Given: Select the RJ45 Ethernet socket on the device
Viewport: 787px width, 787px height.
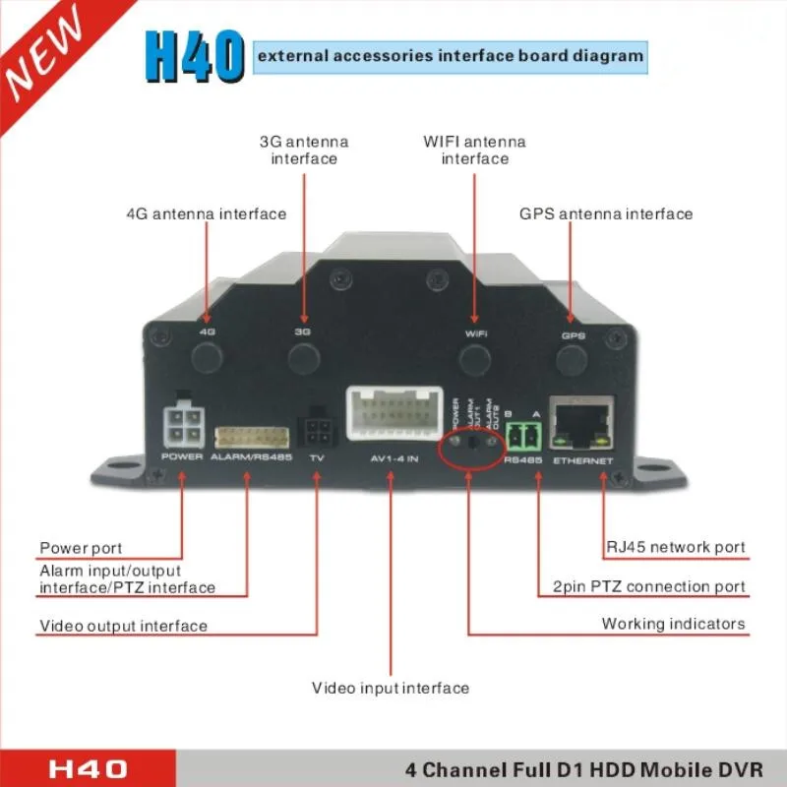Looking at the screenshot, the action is coord(582,421).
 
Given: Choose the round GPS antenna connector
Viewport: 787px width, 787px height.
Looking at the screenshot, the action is coord(573,361).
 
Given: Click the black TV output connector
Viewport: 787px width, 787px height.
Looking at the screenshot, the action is coord(317,429).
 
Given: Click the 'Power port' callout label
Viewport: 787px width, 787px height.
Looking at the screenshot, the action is coord(81,548).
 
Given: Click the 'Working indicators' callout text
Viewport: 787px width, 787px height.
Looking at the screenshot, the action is coord(673,624).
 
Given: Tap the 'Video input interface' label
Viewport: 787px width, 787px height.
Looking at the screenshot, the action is coord(391,688).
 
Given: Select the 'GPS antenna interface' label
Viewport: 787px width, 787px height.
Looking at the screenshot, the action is coord(606,213).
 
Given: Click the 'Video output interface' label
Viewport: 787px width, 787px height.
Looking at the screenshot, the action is coord(124,626).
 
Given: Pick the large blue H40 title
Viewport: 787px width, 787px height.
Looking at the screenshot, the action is coord(193,56).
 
